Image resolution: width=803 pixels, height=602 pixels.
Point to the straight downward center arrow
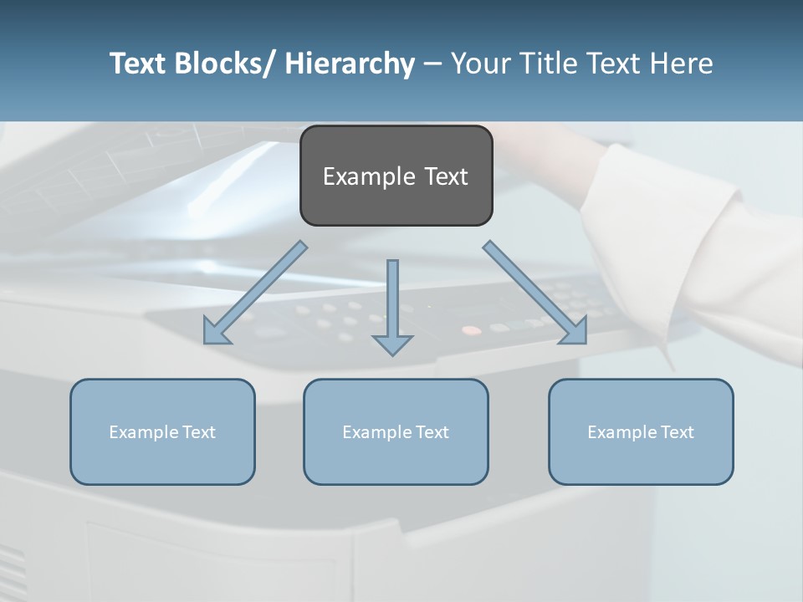tap(392, 301)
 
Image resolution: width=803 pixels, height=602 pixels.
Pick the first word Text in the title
tap(139, 64)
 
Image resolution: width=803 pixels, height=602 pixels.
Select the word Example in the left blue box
tap(142, 432)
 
